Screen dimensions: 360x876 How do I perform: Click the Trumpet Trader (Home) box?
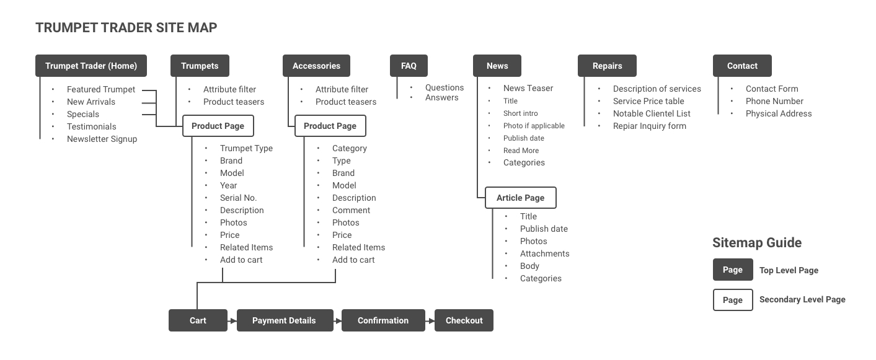point(91,66)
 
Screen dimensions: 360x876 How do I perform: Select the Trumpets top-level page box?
point(200,66)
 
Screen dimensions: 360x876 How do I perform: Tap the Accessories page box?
point(316,66)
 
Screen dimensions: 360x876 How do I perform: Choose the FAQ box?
point(409,66)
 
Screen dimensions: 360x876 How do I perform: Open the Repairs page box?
point(607,66)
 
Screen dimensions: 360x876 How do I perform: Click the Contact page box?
point(742,66)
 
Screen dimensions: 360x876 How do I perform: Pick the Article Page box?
point(520,198)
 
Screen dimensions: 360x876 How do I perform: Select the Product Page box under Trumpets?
point(218,126)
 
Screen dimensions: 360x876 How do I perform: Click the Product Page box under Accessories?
point(330,126)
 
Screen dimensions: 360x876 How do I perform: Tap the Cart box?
point(198,320)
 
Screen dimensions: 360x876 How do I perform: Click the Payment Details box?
point(284,320)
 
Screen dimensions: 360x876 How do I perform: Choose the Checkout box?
point(464,320)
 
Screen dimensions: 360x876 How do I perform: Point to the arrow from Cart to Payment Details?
point(232,321)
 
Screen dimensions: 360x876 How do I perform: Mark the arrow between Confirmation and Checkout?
point(430,321)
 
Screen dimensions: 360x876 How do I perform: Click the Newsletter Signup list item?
point(102,139)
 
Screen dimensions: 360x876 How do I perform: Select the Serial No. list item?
point(238,198)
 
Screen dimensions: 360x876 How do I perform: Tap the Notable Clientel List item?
point(652,113)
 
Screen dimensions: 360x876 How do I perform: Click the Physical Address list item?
point(778,113)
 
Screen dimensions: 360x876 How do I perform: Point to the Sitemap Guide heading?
point(756,242)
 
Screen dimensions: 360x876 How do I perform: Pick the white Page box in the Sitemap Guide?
point(732,300)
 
